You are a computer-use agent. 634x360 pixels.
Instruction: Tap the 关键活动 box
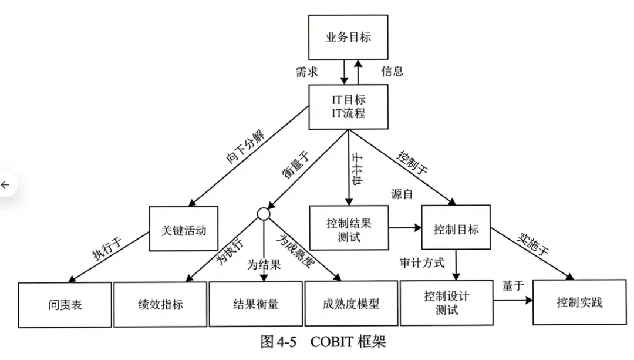click(x=183, y=230)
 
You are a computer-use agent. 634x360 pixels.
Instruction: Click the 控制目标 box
click(x=456, y=228)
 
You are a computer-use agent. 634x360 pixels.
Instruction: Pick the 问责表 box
click(x=65, y=304)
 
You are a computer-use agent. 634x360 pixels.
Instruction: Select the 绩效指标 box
click(x=160, y=304)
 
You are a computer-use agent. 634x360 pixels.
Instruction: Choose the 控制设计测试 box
click(x=447, y=303)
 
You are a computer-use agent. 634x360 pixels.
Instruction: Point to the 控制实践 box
click(x=579, y=303)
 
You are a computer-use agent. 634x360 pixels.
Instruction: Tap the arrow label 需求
click(x=307, y=72)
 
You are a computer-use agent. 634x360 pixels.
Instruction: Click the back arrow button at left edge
click(x=6, y=185)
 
